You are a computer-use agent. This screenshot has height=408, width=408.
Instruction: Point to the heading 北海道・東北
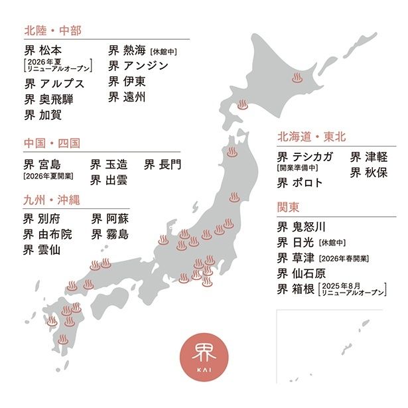[x=311, y=137]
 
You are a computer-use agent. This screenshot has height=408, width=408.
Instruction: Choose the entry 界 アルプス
[x=54, y=84]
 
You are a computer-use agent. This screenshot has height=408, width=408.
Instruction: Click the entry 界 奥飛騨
[x=49, y=100]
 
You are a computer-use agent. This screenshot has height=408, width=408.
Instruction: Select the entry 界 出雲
[x=109, y=179]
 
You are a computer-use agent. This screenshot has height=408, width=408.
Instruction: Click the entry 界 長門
[x=163, y=163]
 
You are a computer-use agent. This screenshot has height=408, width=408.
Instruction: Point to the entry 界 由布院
[x=48, y=234]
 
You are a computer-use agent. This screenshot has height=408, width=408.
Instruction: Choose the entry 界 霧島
[x=109, y=234]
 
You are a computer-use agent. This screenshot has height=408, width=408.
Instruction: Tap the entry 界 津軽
[x=369, y=157]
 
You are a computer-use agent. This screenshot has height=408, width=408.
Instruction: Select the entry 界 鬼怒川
[x=303, y=226]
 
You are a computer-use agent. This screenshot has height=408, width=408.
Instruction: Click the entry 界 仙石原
[x=303, y=273]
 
